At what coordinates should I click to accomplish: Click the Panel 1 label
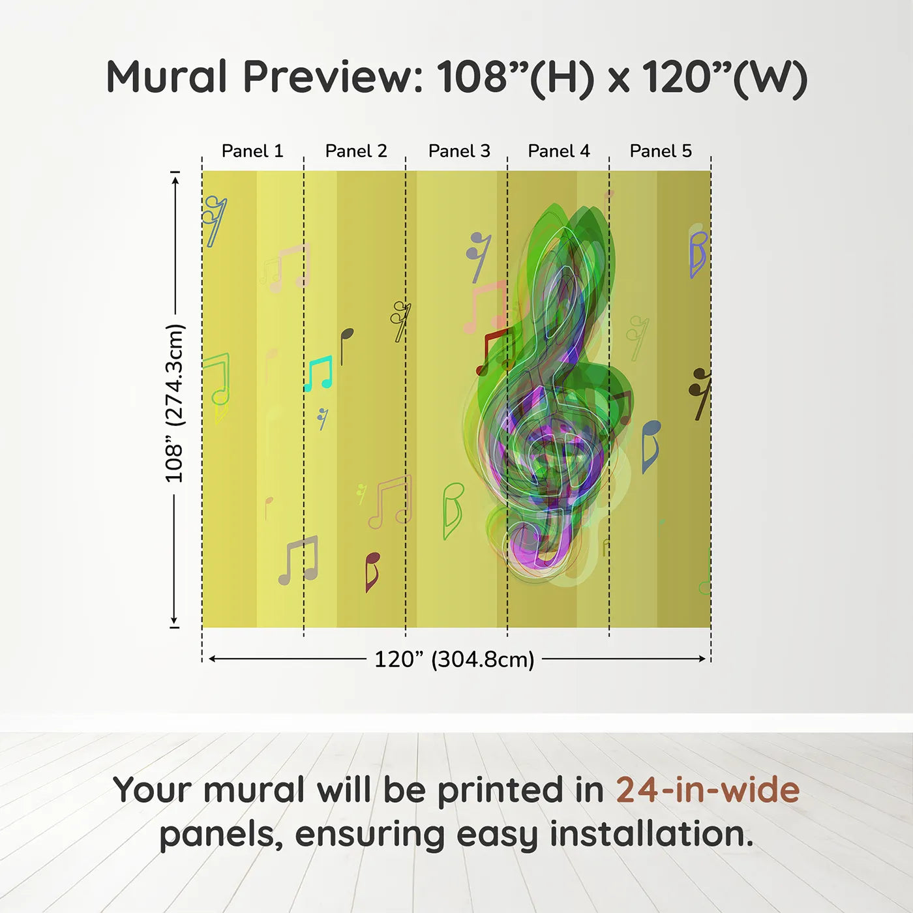252,151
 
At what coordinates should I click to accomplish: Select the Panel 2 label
356,151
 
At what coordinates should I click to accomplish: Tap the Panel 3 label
459,151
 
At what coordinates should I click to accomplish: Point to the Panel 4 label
559,151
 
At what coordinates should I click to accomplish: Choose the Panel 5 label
661,151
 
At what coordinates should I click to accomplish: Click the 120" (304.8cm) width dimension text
455,659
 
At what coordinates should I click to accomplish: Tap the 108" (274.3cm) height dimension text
173,403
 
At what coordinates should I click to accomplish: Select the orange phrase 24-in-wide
708,790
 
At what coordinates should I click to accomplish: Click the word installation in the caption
651,833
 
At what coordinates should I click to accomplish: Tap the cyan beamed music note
318,374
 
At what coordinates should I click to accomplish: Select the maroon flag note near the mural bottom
372,572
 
